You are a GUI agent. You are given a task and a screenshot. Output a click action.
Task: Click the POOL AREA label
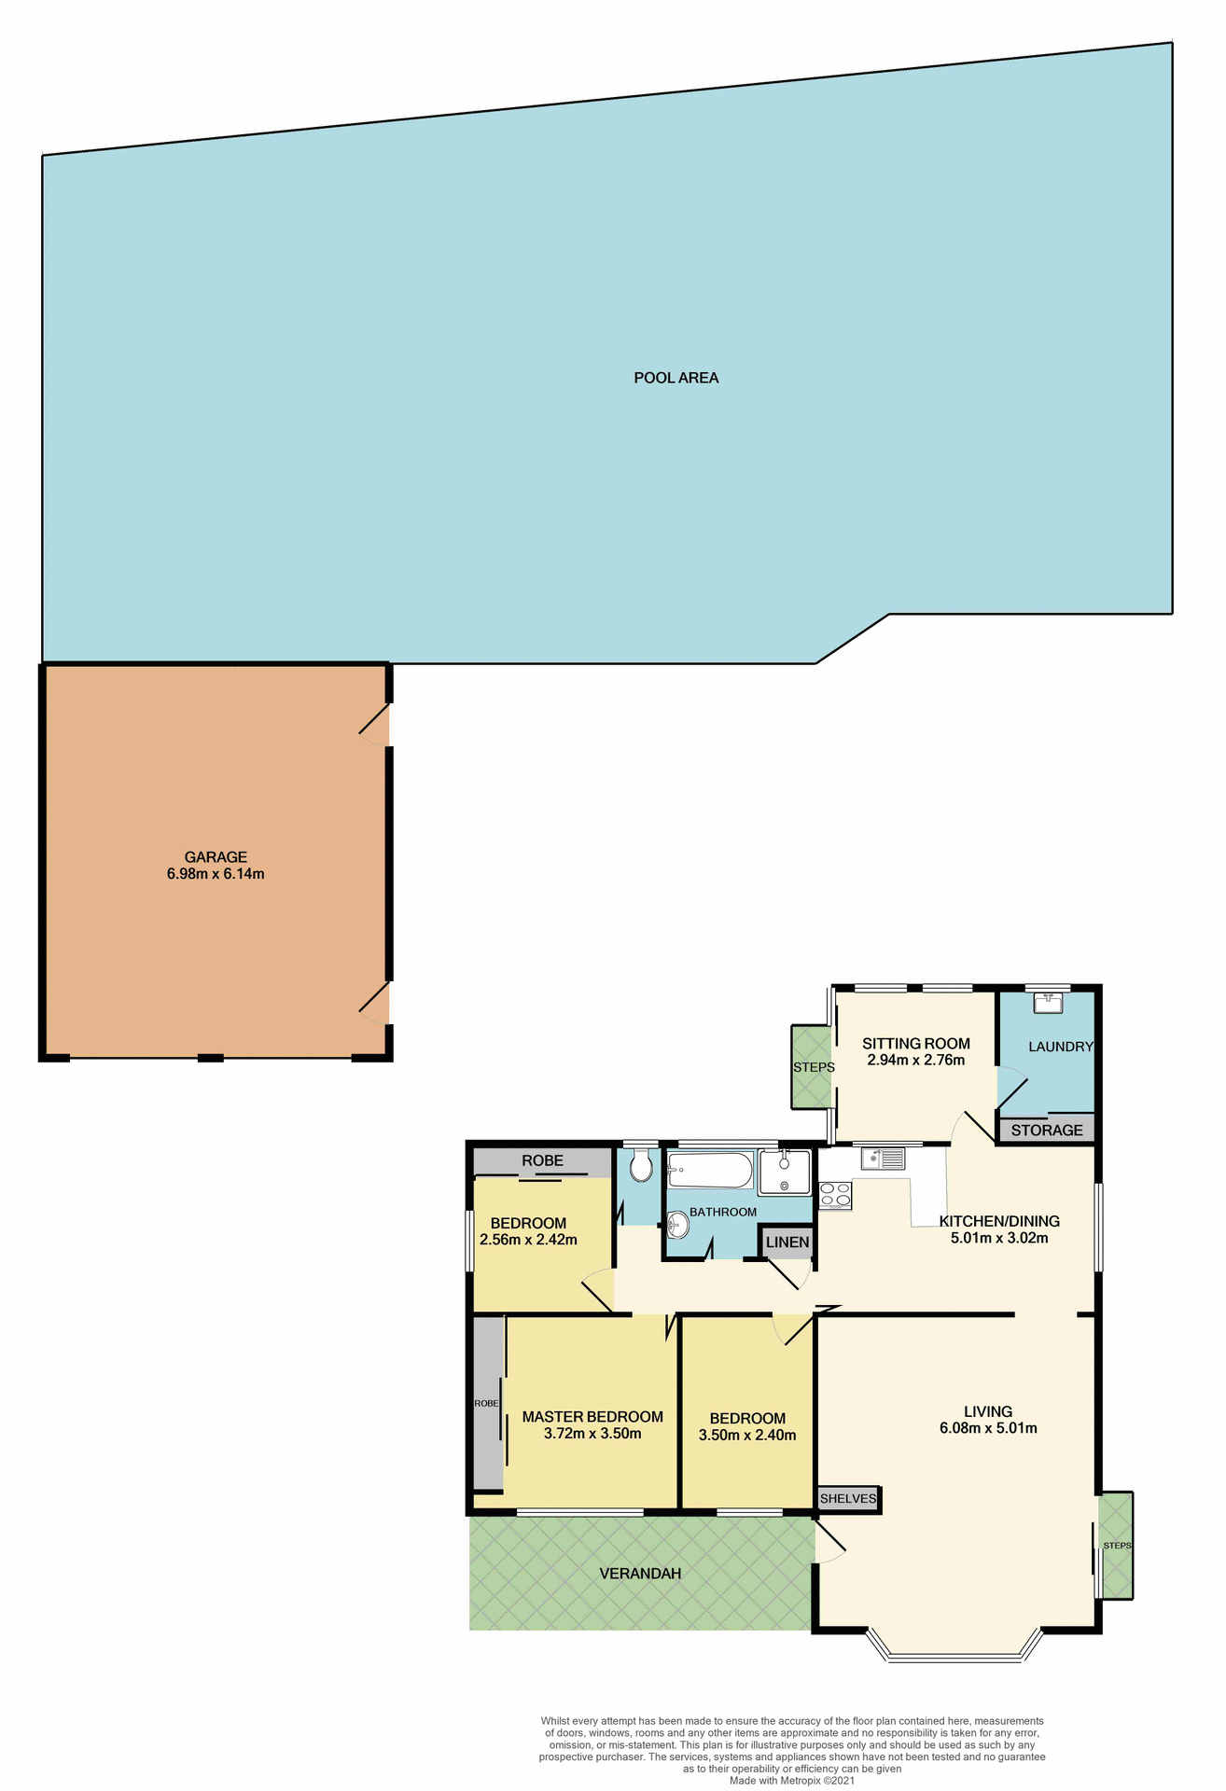[x=676, y=378]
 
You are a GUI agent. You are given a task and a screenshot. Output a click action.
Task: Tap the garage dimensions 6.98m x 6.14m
[x=216, y=874]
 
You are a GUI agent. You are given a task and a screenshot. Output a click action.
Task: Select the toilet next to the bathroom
[x=640, y=1166]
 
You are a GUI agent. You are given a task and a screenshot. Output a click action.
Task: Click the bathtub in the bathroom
[x=710, y=1170]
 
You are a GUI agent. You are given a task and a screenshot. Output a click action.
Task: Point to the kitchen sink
[x=883, y=1158]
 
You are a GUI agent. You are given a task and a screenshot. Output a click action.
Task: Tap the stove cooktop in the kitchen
[x=834, y=1194]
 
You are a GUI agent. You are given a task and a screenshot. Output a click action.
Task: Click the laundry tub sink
[x=1047, y=1003]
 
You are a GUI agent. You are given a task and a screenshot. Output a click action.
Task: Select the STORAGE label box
[x=1046, y=1130]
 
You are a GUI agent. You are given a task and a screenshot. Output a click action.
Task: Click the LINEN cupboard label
[x=787, y=1242]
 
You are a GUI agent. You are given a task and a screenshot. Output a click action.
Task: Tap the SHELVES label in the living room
[x=847, y=1498]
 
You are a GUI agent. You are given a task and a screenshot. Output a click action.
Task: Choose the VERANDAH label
[x=639, y=1573]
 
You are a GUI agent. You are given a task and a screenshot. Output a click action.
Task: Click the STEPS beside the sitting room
[x=813, y=1067]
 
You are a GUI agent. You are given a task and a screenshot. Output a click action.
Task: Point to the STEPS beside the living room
[x=1116, y=1545]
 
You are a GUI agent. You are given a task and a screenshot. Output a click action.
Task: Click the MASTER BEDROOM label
[x=592, y=1416]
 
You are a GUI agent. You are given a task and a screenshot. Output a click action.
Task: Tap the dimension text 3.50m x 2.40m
[x=746, y=1435]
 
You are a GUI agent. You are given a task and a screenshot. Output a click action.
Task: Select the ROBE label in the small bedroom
[x=542, y=1160]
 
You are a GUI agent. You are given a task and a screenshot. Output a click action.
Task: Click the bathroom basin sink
[x=678, y=1223]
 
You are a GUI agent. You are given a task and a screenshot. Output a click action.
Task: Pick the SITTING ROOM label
[x=915, y=1043]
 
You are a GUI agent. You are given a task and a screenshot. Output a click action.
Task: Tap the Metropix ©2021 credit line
[x=791, y=1780]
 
